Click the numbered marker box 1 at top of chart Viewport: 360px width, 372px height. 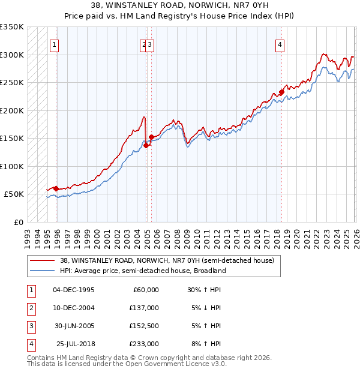[54, 44]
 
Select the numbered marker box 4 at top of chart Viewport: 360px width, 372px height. [280, 44]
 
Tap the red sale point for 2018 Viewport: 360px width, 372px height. [281, 92]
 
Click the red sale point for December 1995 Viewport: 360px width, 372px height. [56, 188]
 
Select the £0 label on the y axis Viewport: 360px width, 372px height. [18, 222]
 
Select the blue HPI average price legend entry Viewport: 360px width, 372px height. [142, 271]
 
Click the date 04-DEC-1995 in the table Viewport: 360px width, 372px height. [74, 290]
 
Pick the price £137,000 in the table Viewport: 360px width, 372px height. [144, 308]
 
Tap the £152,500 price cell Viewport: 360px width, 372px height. [144, 326]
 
